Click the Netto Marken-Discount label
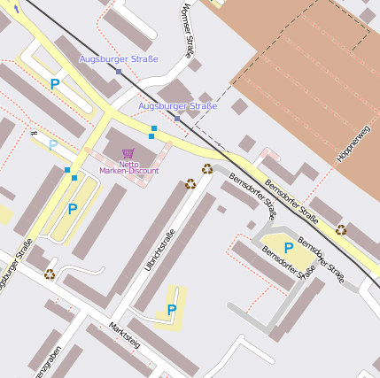[x=128, y=167]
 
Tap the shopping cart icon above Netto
[x=128, y=153]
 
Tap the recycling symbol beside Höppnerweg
[x=341, y=229]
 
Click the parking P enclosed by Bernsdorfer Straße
[x=289, y=248]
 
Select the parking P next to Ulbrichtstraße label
[x=172, y=310]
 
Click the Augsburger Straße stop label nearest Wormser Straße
[x=177, y=106]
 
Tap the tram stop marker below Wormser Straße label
[x=177, y=118]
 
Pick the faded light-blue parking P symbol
[x=53, y=145]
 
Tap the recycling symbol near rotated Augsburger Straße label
[x=50, y=274]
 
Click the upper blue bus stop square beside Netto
[x=153, y=129]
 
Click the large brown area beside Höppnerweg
[x=301, y=80]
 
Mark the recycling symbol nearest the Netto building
[x=190, y=183]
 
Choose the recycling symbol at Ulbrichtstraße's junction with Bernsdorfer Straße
[x=207, y=168]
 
